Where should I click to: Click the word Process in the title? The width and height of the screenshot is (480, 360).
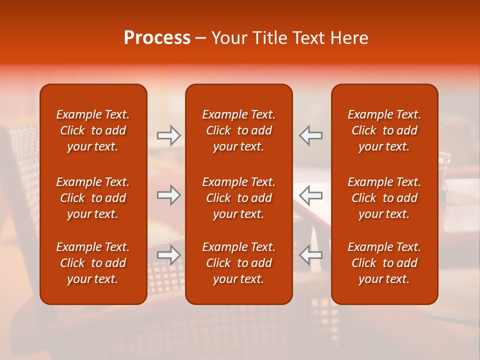tap(157, 38)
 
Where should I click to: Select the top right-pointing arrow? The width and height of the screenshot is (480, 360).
tap(169, 135)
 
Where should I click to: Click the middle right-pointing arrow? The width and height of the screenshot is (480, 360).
tap(169, 195)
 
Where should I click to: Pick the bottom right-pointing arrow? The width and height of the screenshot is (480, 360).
tap(169, 255)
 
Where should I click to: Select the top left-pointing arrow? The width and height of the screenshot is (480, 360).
tap(310, 135)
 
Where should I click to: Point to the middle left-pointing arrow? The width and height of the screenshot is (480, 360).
tap(310, 195)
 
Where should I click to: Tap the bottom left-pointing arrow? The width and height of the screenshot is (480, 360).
tap(310, 255)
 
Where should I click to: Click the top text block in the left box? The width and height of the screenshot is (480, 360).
tap(93, 130)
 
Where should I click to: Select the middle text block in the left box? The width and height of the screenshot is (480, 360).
tap(93, 198)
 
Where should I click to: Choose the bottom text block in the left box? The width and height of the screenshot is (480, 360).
tap(93, 263)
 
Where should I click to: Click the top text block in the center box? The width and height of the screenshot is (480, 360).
tap(238, 130)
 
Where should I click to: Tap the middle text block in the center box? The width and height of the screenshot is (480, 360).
tap(238, 198)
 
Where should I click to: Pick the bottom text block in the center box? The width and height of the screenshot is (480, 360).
tap(238, 263)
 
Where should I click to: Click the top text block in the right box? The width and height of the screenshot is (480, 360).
tap(384, 130)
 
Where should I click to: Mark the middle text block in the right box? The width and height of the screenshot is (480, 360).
tap(384, 198)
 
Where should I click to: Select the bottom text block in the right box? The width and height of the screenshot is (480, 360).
tap(384, 263)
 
